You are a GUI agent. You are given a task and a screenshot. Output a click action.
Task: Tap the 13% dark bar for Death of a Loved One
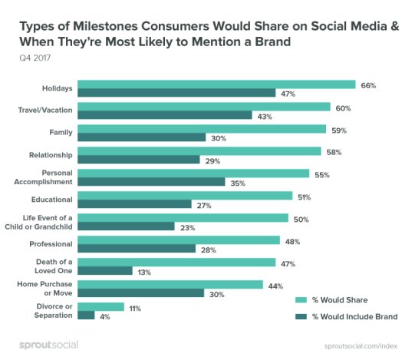pos(105,270)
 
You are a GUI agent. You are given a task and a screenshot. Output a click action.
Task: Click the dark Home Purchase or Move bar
pos(140,292)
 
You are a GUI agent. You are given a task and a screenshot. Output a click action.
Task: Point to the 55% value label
pos(323,173)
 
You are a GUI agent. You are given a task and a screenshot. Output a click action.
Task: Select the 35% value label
pos(239,182)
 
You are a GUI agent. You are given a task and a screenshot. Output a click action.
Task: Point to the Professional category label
pos(51,243)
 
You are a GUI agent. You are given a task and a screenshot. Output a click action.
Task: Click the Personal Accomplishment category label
pos(47,177)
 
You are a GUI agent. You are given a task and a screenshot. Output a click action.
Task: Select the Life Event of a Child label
pos(47,222)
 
